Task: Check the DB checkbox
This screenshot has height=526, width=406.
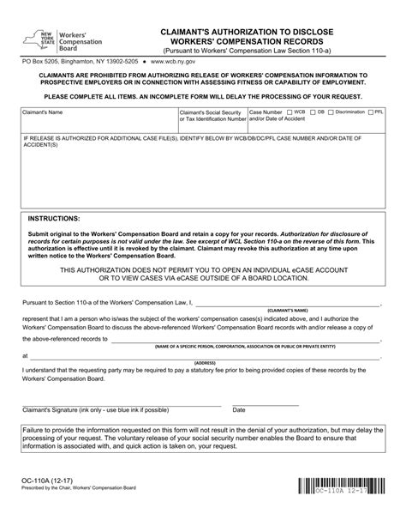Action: [314, 112]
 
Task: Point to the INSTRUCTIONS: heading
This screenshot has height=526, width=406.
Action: [55, 219]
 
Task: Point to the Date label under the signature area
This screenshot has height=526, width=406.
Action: [239, 410]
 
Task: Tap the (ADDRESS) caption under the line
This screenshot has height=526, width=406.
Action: [204, 363]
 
